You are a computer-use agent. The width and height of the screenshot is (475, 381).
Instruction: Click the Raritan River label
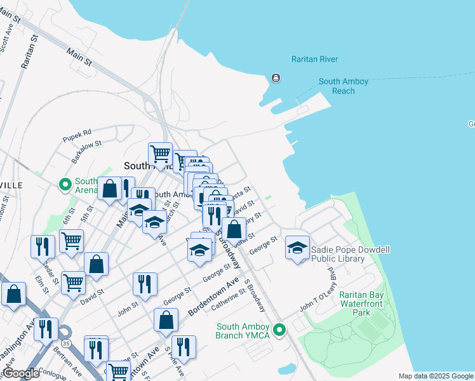(314, 59)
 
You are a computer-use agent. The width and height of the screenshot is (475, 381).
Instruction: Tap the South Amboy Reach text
(344, 86)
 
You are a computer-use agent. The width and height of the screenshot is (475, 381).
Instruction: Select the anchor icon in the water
(276, 78)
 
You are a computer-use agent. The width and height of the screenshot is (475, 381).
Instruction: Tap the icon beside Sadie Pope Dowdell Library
(297, 248)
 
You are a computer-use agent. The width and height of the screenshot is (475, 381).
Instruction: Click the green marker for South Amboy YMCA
(278, 330)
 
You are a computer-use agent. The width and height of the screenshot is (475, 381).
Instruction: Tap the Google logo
(21, 374)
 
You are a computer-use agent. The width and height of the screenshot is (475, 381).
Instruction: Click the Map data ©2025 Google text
(436, 376)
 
